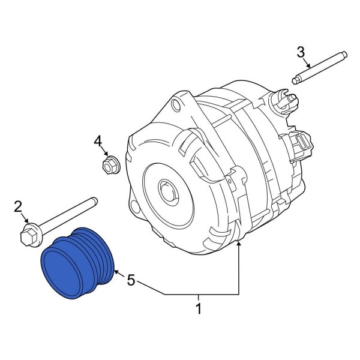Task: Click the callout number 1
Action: (199, 310)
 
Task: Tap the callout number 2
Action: (18, 208)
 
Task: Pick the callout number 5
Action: (130, 279)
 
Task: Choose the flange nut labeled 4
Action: (110, 164)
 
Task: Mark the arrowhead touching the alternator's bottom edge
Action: (239, 244)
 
